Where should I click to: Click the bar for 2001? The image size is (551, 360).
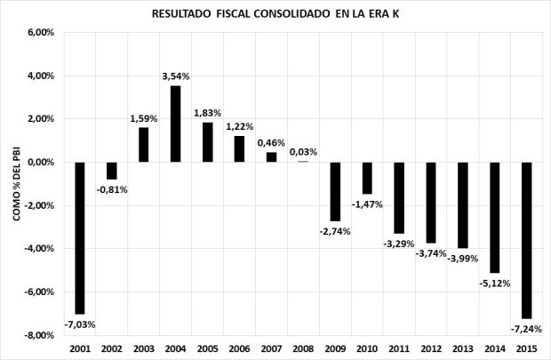point(80,237)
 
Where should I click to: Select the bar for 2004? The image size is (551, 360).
point(176,124)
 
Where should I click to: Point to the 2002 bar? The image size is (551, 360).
point(112,171)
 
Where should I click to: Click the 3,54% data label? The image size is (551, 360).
point(176,77)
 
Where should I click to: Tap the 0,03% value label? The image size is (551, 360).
point(304,152)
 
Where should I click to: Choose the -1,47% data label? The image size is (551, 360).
point(367,204)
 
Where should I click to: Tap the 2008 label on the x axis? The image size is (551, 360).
point(303,348)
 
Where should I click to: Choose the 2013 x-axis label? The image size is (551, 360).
point(463,348)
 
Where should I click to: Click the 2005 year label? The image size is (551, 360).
point(208,348)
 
